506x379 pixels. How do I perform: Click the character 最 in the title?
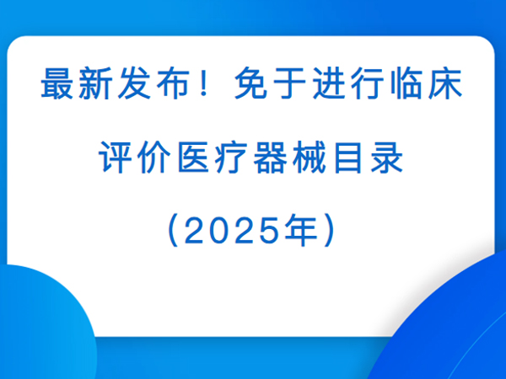tap(57, 83)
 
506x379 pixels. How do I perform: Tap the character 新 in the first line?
tap(95, 83)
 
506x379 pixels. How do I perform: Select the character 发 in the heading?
tap(134, 83)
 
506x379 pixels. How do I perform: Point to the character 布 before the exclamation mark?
tap(173, 83)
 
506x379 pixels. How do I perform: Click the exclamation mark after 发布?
tap(203, 84)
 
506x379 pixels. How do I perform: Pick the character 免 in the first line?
tap(250, 83)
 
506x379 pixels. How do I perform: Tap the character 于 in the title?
tap(289, 83)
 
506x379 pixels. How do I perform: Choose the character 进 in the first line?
tap(329, 83)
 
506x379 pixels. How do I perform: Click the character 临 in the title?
tap(406, 83)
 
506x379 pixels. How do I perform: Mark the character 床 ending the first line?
tap(445, 83)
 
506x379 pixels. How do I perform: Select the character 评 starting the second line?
tap(116, 157)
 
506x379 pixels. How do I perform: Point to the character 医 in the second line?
tap(193, 157)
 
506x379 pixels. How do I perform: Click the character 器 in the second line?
tap(270, 157)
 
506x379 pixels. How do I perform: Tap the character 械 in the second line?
tap(310, 157)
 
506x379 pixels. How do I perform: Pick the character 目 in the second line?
tap(347, 157)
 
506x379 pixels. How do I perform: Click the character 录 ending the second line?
tap(386, 157)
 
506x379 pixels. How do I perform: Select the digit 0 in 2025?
tap(219, 231)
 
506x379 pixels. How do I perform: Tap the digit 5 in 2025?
tap(269, 231)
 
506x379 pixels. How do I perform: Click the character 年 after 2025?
tap(301, 231)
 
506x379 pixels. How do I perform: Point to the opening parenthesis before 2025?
tap(173, 231)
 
